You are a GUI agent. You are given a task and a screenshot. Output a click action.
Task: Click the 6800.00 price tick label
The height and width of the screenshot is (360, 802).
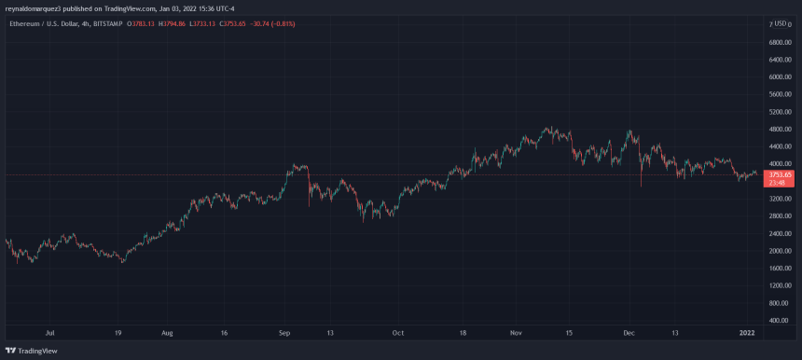click(x=780, y=42)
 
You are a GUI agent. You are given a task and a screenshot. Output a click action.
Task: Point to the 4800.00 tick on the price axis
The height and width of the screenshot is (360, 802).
click(x=780, y=130)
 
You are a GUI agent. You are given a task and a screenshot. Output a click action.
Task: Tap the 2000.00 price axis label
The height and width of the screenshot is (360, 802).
click(x=780, y=251)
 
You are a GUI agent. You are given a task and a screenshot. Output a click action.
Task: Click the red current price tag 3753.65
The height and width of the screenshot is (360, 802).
click(x=779, y=174)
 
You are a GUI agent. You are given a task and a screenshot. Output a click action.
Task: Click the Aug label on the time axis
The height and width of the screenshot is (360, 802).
click(x=167, y=332)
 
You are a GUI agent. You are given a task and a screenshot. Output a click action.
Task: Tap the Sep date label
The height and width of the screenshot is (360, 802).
click(x=285, y=332)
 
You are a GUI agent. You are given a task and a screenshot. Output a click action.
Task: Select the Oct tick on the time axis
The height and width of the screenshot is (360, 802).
click(x=398, y=332)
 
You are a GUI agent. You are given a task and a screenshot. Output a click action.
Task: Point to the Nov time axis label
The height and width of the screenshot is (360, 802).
click(x=516, y=332)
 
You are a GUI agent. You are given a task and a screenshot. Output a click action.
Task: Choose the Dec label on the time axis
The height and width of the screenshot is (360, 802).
click(x=629, y=332)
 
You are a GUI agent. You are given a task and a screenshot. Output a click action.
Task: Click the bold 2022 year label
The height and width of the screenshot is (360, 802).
click(x=747, y=332)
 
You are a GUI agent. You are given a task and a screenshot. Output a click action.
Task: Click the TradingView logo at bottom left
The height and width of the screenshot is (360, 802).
click(x=28, y=350)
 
